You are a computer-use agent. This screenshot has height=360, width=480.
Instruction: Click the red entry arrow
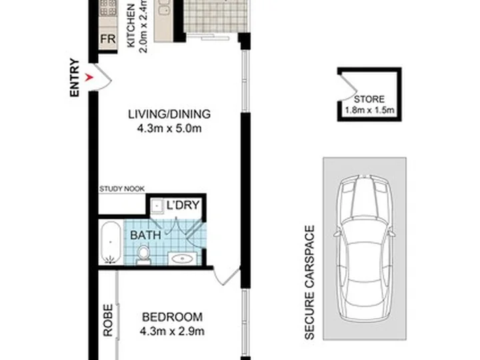89,78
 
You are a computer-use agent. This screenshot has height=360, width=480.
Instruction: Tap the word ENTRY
75,78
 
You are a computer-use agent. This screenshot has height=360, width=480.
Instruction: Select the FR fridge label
108,39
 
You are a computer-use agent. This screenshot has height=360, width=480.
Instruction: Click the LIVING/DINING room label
169,114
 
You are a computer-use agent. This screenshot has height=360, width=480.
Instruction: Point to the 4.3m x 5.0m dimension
169,128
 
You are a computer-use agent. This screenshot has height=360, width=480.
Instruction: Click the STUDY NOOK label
122,189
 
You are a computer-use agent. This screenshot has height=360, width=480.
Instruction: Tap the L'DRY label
183,205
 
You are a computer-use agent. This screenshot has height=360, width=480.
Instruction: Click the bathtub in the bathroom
111,243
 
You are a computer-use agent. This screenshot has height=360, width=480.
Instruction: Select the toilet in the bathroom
143,255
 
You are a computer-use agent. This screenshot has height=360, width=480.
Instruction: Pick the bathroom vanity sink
183,259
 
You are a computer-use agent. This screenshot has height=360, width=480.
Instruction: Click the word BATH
145,235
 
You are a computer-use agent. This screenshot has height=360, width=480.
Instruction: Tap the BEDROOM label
173,317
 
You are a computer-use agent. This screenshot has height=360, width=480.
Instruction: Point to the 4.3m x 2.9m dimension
173,331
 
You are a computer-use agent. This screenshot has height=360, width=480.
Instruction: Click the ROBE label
108,320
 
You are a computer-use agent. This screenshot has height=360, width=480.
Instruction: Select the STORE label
369,99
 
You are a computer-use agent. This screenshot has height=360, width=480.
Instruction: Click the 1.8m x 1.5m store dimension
369,110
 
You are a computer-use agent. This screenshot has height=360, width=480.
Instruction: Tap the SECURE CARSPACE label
310,282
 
